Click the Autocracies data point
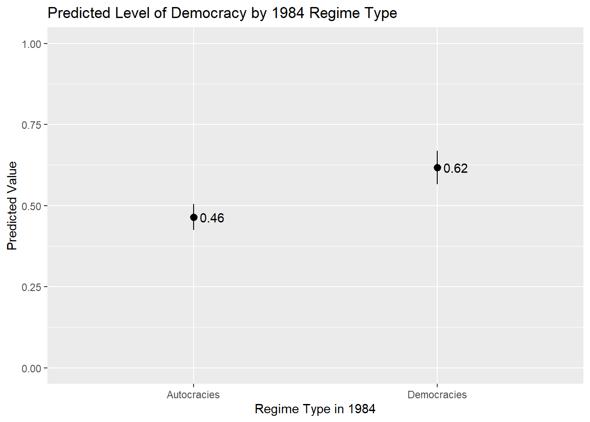[194, 217]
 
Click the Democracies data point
[437, 167]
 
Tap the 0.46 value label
[212, 218]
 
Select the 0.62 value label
[456, 168]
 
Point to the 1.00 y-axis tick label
[31, 44]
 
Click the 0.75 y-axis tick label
[31, 125]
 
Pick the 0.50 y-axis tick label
[31, 206]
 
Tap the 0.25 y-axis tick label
[31, 287]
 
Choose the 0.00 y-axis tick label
[31, 368]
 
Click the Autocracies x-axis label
[193, 395]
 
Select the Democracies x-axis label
[437, 395]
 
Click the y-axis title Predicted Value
[12, 206]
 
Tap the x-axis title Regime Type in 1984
[315, 409]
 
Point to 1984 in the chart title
[288, 13]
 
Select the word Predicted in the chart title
[79, 13]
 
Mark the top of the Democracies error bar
[437, 152]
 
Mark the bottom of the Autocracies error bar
[194, 229]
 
